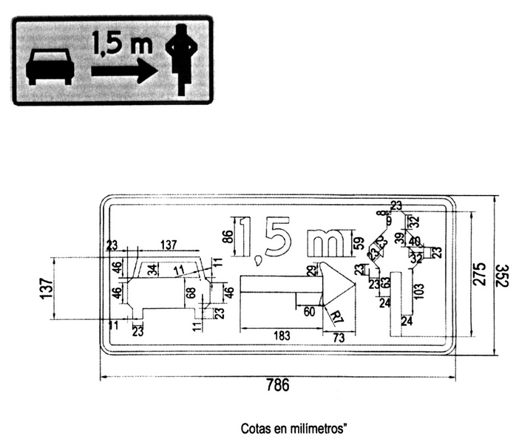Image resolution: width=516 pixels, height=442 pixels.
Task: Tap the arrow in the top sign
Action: tap(123, 70)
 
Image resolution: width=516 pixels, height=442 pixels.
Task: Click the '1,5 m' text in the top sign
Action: tap(122, 44)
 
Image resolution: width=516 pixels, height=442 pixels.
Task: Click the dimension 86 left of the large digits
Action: tap(228, 237)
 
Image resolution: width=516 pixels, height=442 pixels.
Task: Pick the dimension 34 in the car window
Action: tap(152, 269)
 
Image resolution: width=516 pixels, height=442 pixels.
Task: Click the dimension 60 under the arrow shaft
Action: tap(309, 312)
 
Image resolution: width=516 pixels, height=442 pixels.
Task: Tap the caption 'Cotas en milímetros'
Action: tap(293, 428)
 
